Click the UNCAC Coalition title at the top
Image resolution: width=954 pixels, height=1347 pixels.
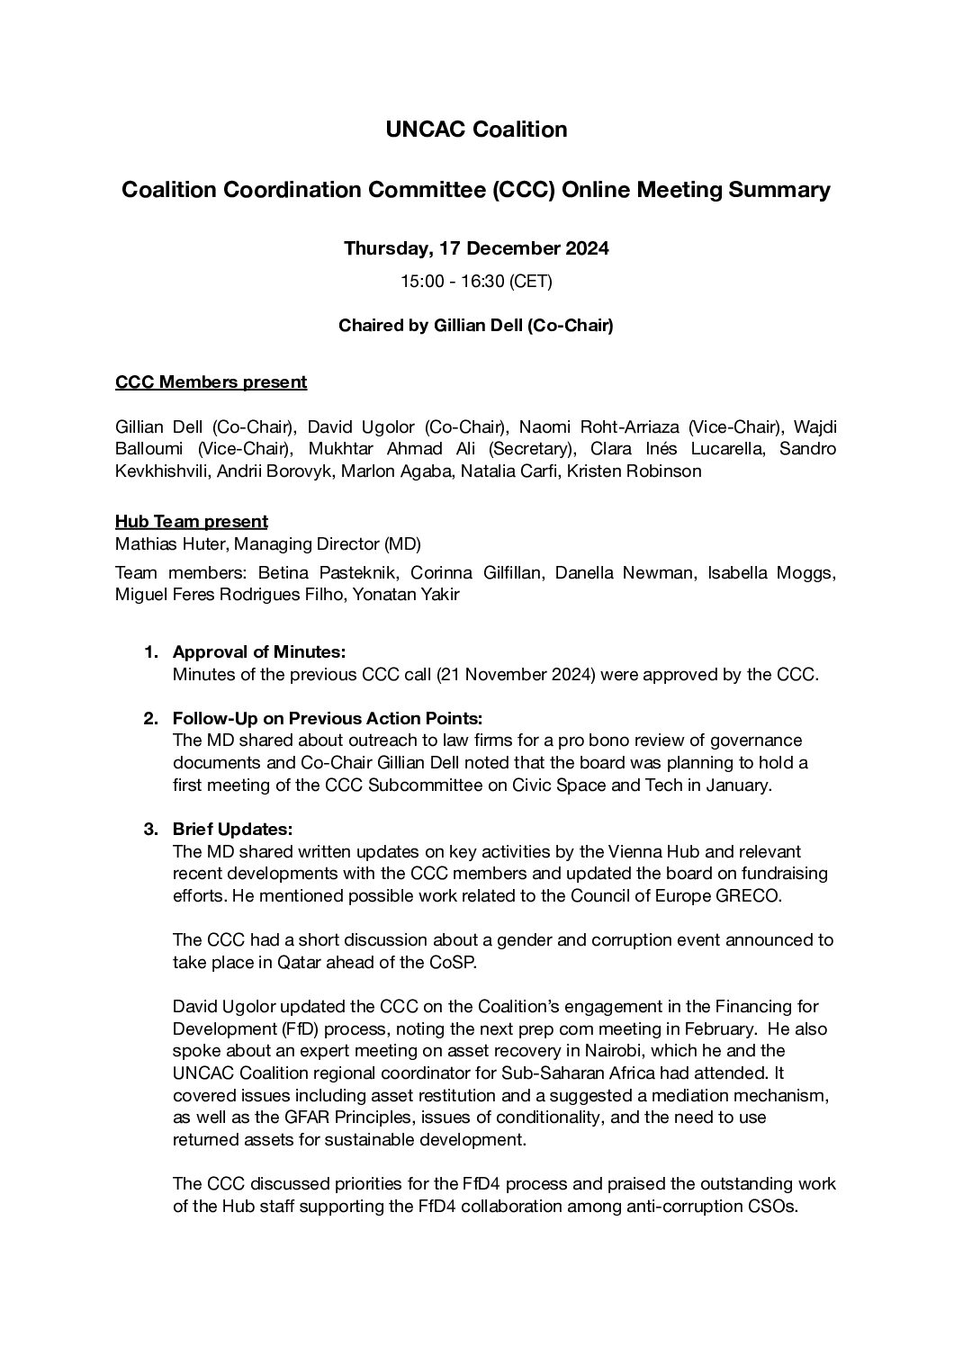coord(476,130)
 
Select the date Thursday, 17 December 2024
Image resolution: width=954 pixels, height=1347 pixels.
coord(476,248)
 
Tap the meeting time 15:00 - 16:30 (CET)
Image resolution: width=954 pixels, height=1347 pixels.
coord(476,282)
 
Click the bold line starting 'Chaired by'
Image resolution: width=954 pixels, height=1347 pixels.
coord(476,326)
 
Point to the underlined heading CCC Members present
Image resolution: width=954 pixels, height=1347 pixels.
coord(211,382)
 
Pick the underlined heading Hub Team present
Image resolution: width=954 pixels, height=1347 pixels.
coord(191,522)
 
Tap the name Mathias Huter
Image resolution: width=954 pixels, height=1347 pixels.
coord(161,544)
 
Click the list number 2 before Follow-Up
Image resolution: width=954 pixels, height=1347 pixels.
coord(150,718)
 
